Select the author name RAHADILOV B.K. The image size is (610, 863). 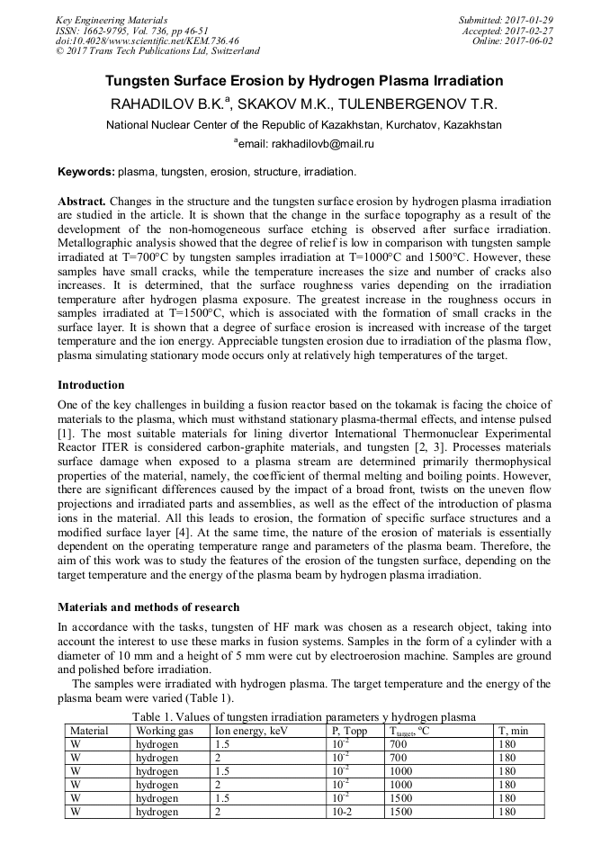click(169, 103)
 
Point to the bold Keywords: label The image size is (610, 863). click(85, 171)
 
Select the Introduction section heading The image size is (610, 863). click(91, 385)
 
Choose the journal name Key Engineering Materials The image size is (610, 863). click(112, 20)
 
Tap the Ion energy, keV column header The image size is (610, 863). click(250, 731)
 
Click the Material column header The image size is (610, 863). click(89, 731)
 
